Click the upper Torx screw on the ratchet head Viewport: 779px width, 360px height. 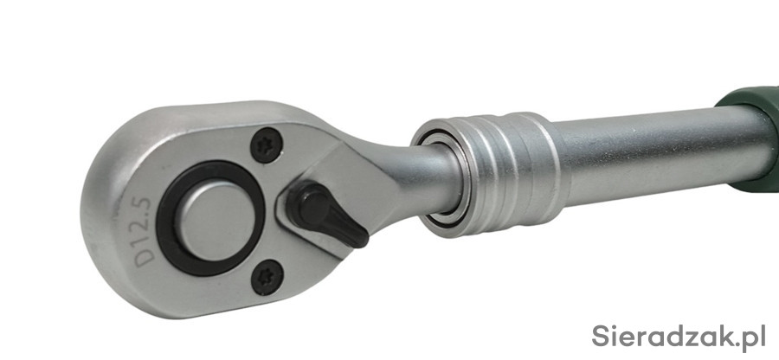[267, 145]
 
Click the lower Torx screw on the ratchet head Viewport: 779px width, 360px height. [267, 277]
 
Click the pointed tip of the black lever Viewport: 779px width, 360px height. [365, 241]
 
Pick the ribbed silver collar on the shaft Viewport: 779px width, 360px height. [489, 174]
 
